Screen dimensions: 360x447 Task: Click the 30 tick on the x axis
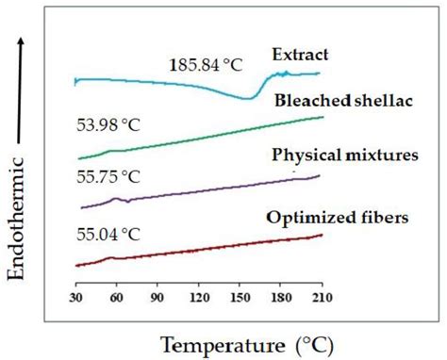[76, 298]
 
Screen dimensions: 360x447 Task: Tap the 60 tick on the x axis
[117, 298]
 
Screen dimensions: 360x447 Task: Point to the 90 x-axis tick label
[157, 298]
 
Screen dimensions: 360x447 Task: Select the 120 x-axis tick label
[199, 298]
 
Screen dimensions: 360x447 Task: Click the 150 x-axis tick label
[240, 298]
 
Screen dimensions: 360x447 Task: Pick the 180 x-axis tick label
[280, 298]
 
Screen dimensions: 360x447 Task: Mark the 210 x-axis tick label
[322, 298]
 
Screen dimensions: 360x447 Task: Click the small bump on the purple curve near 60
[117, 198]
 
